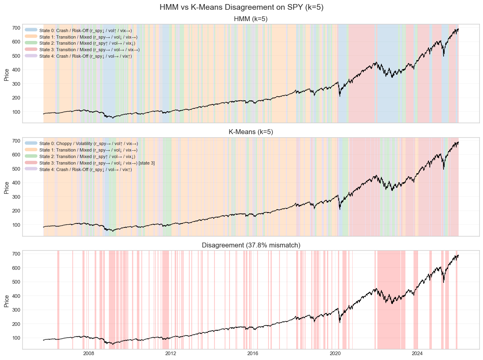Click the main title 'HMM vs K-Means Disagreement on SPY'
[241, 7]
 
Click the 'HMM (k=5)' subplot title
[251, 19]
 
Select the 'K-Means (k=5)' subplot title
[251, 132]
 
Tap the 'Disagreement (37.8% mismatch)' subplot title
[251, 245]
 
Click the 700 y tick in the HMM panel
[16, 28]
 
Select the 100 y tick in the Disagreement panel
[16, 338]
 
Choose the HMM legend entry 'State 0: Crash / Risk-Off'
[85, 30]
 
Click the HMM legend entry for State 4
[85, 56]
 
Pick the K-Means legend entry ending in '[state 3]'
[97, 163]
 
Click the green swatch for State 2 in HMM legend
[31, 43]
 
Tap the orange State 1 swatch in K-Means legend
[31, 150]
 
